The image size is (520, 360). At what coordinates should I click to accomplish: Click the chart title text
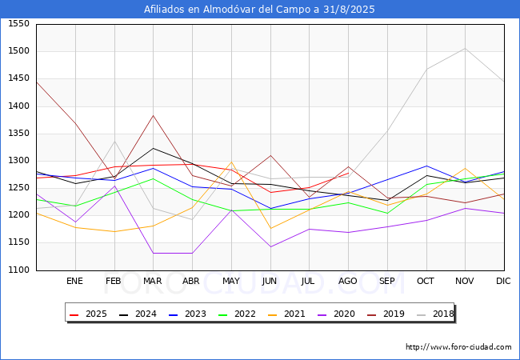259,10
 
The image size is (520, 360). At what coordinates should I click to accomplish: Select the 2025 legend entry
88,314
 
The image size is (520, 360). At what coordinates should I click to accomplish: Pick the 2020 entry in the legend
336,314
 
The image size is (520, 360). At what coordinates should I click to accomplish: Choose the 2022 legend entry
237,314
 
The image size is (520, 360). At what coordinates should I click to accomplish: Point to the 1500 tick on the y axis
18,51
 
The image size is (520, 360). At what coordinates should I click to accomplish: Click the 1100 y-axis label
18,270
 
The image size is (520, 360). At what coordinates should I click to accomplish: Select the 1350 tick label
18,134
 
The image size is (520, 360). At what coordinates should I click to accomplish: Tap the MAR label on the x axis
153,281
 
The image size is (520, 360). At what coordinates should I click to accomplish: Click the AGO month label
347,281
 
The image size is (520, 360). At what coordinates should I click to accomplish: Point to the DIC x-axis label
503,281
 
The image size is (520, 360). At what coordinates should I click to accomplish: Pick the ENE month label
74,281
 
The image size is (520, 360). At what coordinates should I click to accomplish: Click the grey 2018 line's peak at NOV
465,48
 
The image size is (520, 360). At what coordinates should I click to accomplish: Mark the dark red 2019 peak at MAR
154,115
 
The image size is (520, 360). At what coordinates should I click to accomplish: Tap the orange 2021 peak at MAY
231,162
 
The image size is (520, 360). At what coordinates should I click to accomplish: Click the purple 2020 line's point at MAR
154,254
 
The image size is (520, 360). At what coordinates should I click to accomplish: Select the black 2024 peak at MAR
154,148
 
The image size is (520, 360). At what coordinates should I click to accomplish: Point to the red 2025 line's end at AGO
348,173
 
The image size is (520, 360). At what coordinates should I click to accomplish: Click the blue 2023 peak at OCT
426,166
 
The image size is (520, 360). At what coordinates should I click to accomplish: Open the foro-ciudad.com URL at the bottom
458,347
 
